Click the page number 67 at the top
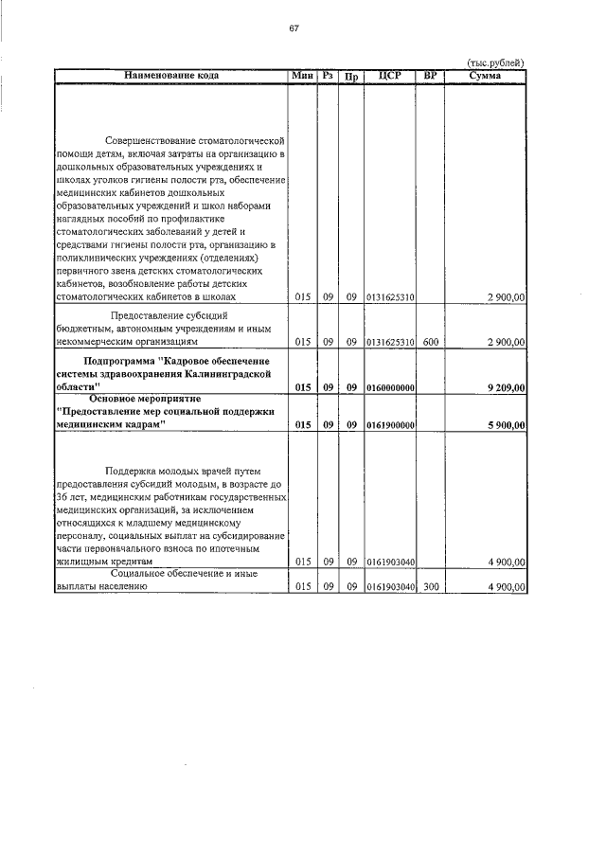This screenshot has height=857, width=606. point(294,27)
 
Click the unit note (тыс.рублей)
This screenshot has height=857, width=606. point(496,63)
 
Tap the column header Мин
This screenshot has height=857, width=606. point(302,75)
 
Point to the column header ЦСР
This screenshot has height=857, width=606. point(389,75)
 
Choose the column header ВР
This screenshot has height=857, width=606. point(430,75)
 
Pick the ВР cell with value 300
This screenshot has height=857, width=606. point(430,587)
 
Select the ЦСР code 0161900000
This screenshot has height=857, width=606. point(389,426)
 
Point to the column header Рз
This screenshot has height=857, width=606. point(328,75)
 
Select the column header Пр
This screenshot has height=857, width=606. point(350,76)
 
